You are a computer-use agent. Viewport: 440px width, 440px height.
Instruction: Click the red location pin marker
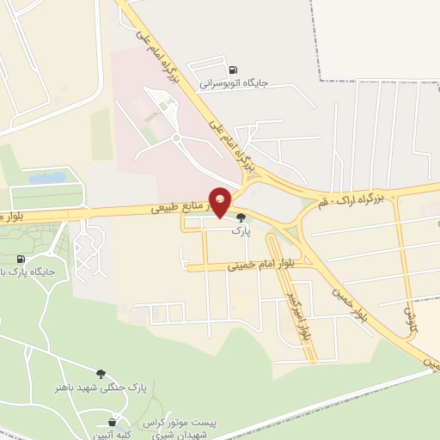pyautogui.click(x=220, y=200)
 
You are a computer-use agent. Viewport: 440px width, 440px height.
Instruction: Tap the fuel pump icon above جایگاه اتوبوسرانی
pyautogui.click(x=233, y=70)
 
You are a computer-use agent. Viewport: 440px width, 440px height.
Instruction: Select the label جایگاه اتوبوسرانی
pyautogui.click(x=235, y=84)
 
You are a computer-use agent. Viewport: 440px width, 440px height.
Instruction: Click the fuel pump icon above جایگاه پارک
pyautogui.click(x=20, y=259)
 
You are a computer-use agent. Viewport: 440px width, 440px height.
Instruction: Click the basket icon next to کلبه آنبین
pyautogui.click(x=113, y=422)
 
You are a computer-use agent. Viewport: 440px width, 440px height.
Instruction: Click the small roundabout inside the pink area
pyautogui.click(x=175, y=137)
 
